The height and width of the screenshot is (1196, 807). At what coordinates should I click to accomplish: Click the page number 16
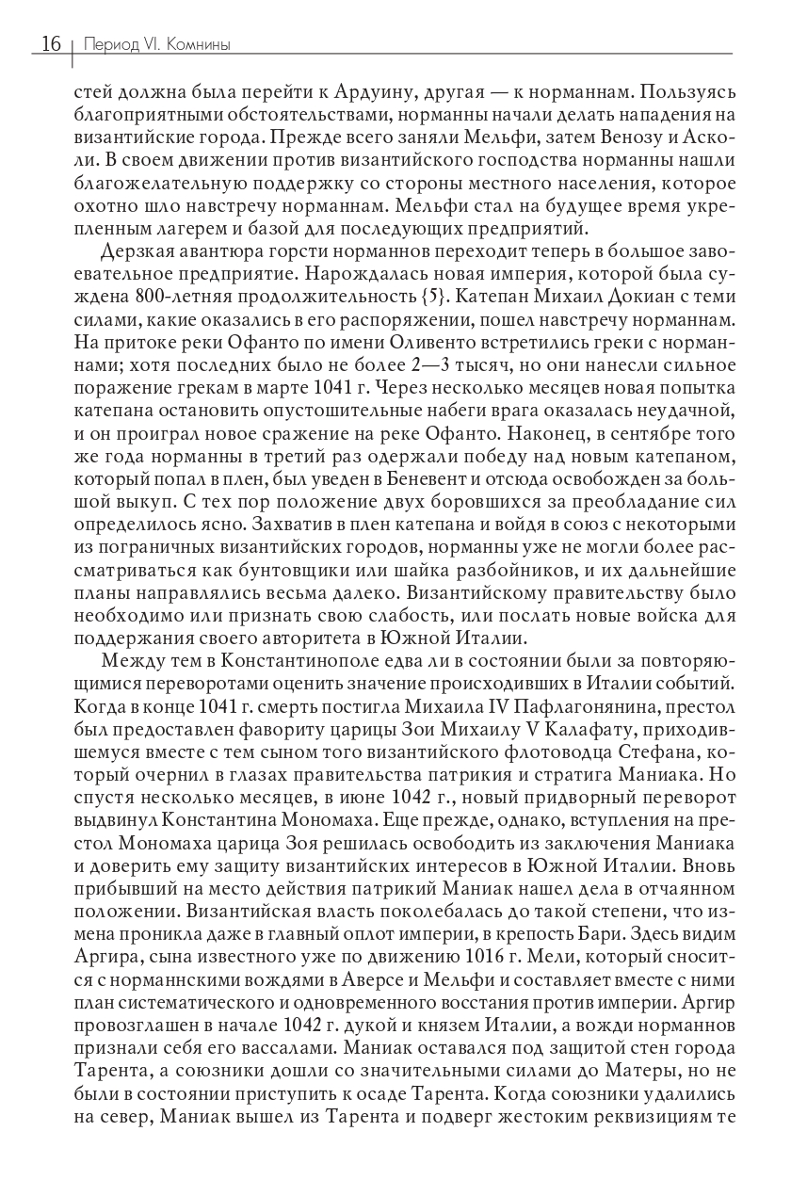[50, 43]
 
